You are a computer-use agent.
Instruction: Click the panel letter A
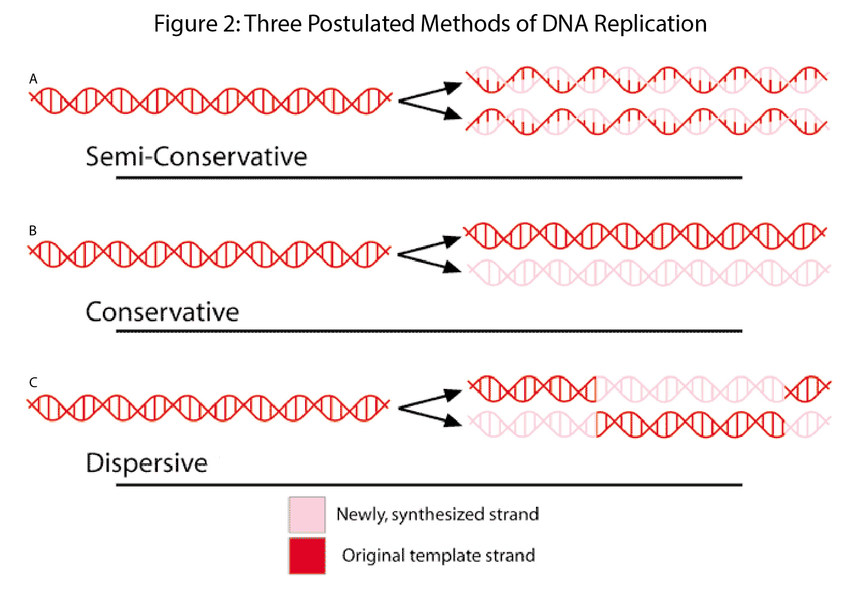tap(33, 79)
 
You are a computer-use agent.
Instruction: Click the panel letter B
tap(33, 231)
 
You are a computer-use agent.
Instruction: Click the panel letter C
tap(33, 383)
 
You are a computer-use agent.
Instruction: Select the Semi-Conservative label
tap(196, 157)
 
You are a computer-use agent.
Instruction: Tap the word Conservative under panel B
tap(162, 312)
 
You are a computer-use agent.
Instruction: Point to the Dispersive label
tap(147, 463)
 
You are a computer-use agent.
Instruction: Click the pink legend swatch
tap(307, 515)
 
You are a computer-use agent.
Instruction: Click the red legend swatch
tap(307, 555)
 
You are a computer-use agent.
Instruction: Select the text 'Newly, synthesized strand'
tap(437, 515)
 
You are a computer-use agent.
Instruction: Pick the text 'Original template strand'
tap(438, 555)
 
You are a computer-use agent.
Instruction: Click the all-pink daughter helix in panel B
tap(649, 273)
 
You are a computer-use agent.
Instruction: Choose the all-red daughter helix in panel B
tap(646, 235)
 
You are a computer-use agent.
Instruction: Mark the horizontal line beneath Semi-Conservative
tap(429, 178)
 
